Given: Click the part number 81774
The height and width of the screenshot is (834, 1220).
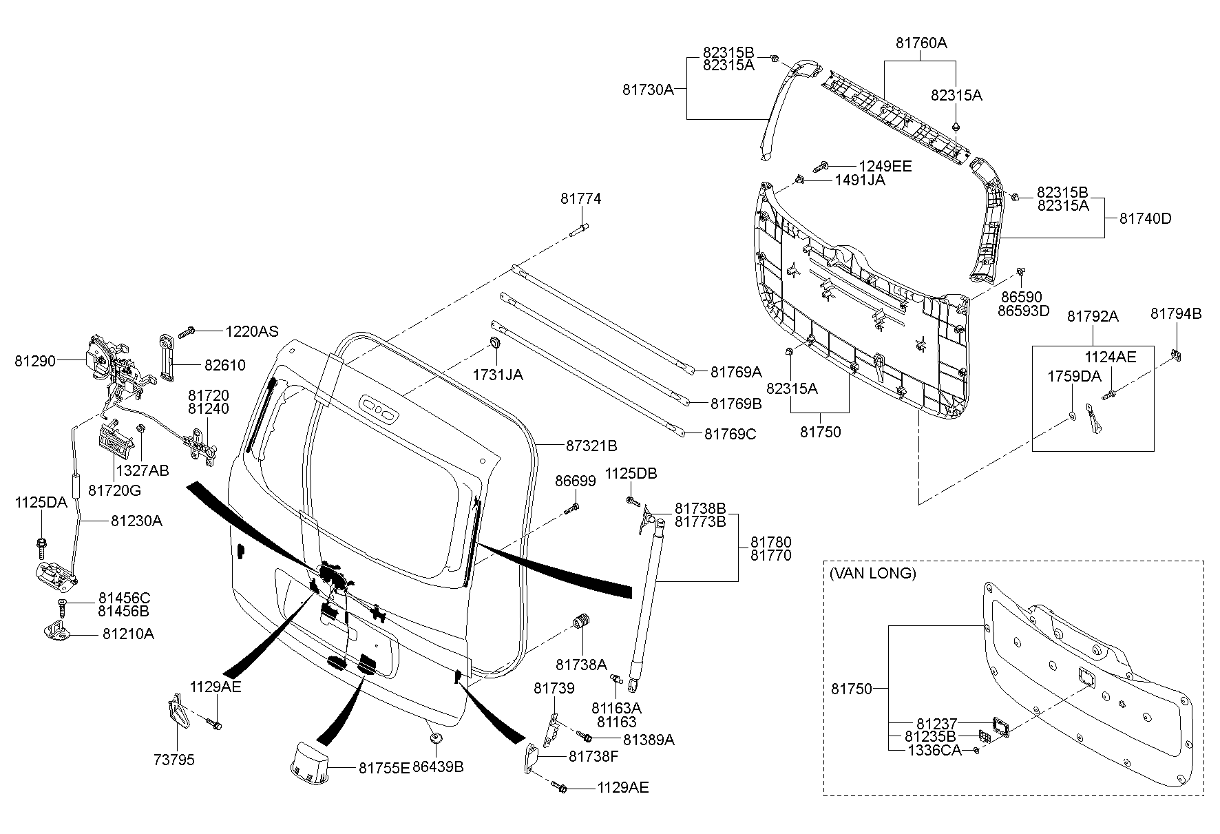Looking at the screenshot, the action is [x=580, y=199].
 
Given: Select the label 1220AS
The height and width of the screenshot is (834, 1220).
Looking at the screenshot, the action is [x=252, y=332].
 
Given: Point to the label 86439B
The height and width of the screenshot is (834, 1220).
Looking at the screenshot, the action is [x=438, y=767].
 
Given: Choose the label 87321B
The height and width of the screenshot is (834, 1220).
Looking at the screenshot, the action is [x=591, y=446].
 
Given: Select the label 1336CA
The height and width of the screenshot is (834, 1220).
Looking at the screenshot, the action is [x=934, y=750].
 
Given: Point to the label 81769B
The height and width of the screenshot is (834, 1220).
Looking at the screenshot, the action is [x=736, y=404].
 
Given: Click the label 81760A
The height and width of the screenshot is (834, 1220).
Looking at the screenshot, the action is [x=921, y=43].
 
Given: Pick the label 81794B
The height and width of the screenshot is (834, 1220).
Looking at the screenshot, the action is [x=1176, y=314].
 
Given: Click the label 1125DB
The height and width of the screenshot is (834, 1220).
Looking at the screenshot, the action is [x=631, y=473].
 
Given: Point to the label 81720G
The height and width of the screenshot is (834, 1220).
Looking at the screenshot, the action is [x=114, y=490].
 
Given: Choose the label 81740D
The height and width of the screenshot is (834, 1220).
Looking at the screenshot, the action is [x=1146, y=219].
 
